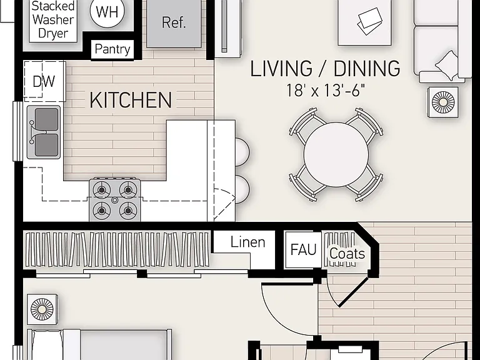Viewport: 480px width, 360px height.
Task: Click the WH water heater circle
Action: click(x=107, y=11)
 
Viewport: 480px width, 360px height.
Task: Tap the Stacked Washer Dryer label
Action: click(x=53, y=19)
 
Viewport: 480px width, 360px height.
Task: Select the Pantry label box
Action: click(x=112, y=49)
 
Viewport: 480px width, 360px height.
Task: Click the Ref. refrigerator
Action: click(x=174, y=22)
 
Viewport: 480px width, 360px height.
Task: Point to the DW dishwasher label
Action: click(x=44, y=81)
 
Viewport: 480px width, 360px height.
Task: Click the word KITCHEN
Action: click(x=131, y=100)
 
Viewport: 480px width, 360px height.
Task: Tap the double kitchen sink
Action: click(x=44, y=132)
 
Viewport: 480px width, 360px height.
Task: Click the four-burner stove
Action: click(x=115, y=200)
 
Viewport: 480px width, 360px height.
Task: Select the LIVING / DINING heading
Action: click(x=325, y=68)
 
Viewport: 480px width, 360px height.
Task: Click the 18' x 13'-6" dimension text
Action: click(x=326, y=90)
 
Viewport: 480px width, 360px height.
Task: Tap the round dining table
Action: click(x=336, y=154)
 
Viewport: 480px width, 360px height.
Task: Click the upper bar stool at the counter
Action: click(x=242, y=152)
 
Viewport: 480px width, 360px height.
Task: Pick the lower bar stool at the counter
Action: click(x=242, y=189)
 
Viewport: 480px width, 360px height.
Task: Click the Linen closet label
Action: click(x=247, y=242)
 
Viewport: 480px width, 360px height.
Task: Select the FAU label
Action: click(x=303, y=249)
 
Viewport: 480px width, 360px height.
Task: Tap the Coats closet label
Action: click(x=347, y=254)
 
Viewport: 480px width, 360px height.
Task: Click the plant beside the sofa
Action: click(x=443, y=102)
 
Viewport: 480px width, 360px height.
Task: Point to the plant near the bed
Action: click(x=42, y=309)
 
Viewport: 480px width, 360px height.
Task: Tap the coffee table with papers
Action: click(x=364, y=22)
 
